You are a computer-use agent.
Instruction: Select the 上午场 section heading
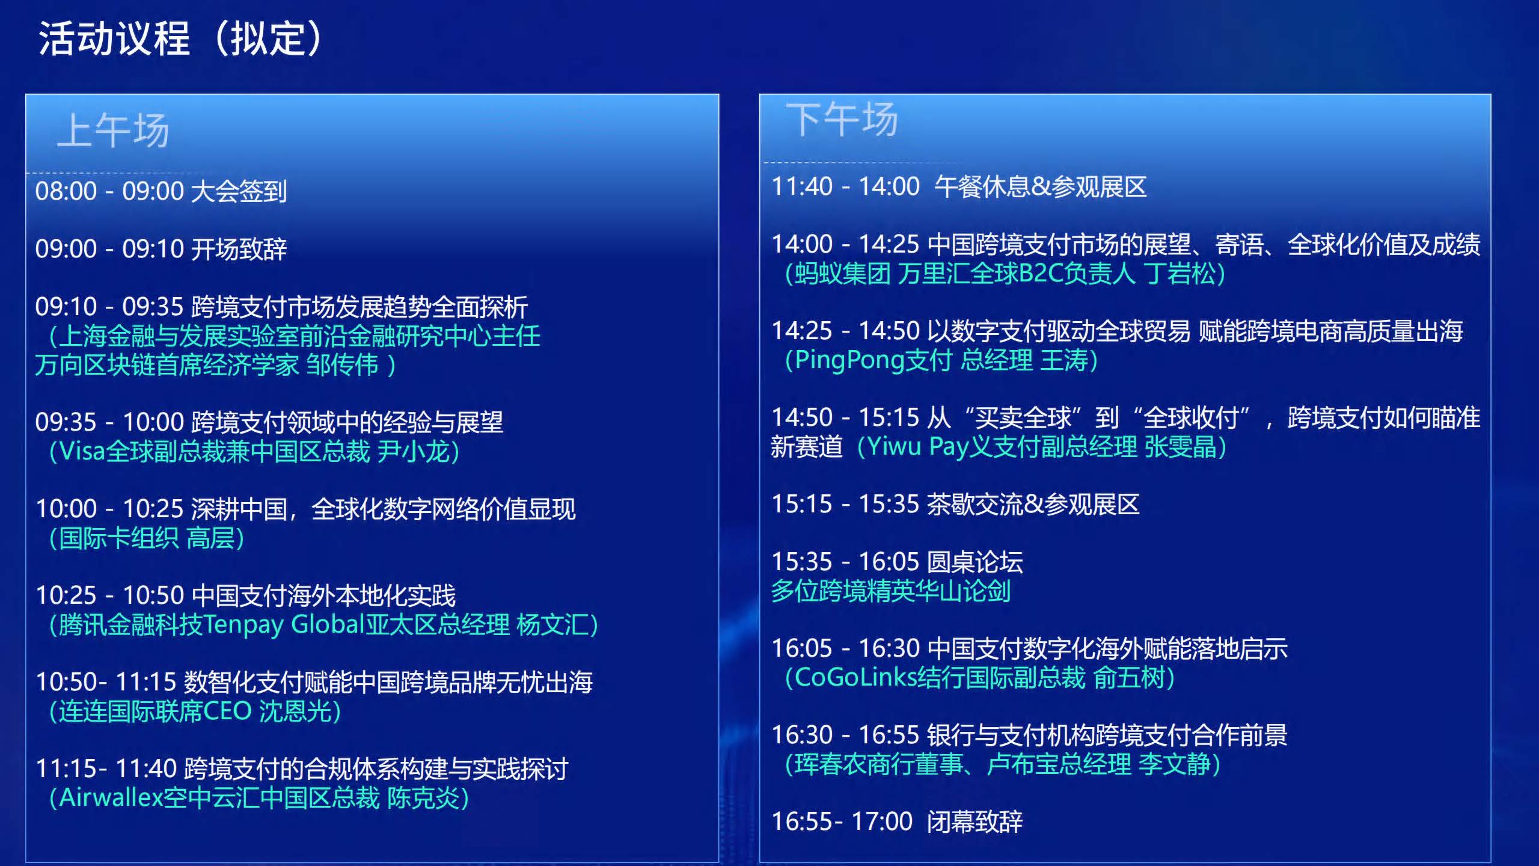click(114, 131)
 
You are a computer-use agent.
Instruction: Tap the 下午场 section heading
click(842, 119)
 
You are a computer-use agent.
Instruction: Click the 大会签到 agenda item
click(239, 191)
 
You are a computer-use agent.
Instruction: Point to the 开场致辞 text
click(239, 249)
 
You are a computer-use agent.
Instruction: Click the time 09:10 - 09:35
click(109, 307)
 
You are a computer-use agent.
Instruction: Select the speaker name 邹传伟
click(342, 364)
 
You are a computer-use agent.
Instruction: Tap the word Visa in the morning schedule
click(82, 451)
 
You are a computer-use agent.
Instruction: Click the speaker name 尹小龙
click(414, 451)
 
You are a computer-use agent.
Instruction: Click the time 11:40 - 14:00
click(845, 186)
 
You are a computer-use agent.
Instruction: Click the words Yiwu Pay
click(918, 447)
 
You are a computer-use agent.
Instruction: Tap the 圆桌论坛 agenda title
click(974, 562)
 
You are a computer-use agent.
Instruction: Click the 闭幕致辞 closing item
click(974, 821)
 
